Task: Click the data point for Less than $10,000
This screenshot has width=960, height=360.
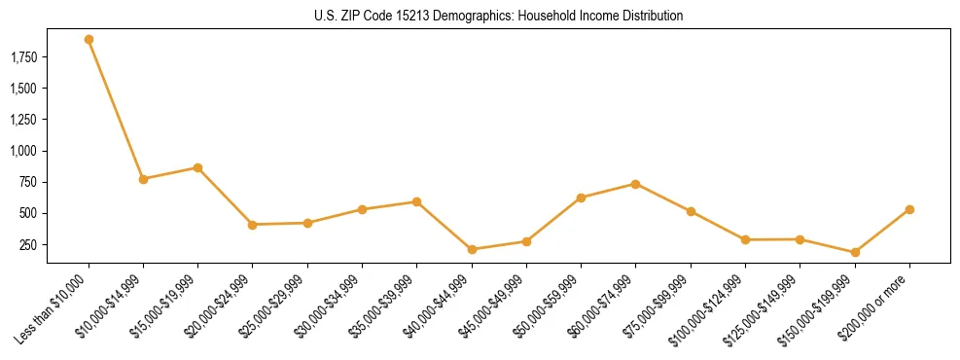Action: click(89, 40)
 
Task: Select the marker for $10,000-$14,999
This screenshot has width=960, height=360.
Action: click(143, 179)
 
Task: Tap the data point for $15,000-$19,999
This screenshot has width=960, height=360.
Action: click(197, 167)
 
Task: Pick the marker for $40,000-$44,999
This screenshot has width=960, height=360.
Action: click(472, 249)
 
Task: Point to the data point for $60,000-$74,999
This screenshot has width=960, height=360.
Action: click(635, 184)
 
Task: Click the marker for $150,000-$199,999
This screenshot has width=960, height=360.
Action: click(855, 252)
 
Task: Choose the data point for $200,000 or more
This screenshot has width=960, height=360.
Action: click(909, 209)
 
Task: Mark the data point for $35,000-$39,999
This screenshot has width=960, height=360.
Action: click(416, 202)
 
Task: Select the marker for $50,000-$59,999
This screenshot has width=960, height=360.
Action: click(581, 198)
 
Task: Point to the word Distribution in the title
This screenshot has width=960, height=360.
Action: click(651, 17)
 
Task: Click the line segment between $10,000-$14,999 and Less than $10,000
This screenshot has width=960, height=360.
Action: click(116, 109)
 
